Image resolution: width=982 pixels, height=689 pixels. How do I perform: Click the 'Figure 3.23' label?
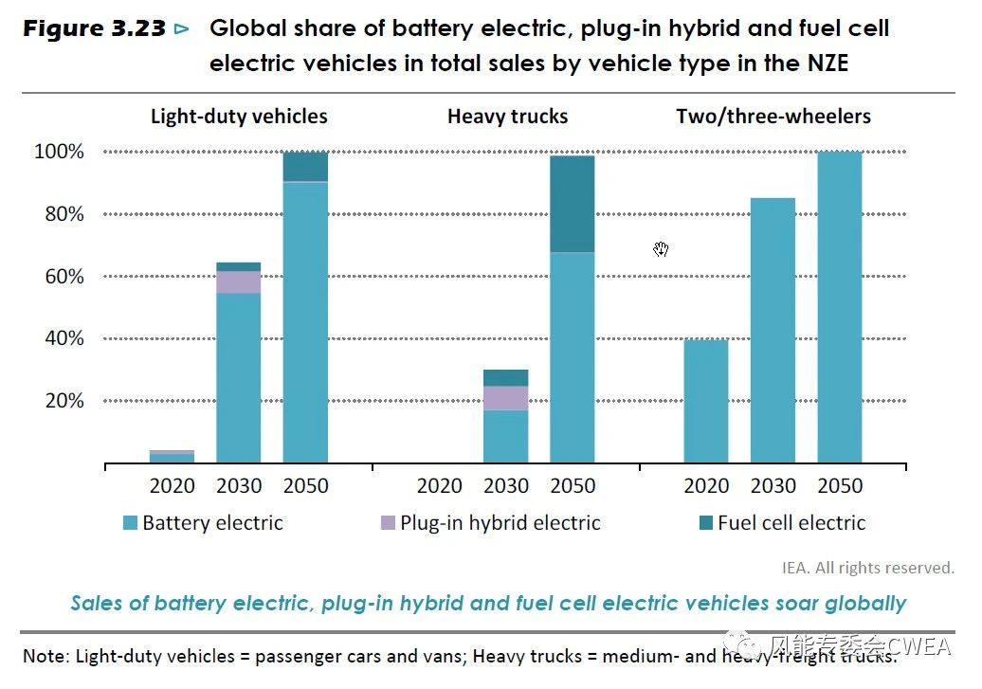95,28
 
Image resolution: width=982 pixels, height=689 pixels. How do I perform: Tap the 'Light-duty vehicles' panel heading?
239,117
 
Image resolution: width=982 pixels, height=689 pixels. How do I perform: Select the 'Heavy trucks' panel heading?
507,117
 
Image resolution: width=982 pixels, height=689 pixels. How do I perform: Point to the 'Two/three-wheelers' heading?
773,117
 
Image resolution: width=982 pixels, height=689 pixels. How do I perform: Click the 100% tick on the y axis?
59,152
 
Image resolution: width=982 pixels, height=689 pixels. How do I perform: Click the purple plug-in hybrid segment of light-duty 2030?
239,281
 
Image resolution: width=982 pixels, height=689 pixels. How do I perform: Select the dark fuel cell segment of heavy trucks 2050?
573,204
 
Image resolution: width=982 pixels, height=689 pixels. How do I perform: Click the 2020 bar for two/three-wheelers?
706,401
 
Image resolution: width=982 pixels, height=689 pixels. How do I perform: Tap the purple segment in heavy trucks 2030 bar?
506,398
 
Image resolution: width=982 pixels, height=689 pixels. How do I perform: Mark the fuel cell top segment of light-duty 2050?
305,165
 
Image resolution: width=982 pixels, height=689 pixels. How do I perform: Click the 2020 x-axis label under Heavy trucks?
440,486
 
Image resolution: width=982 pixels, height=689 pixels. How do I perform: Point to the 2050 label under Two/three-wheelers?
840,486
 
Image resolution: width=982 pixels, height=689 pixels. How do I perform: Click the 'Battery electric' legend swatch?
131,522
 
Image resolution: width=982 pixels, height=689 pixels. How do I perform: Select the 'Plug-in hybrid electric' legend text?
500,522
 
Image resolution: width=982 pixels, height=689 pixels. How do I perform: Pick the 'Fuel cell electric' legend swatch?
706,522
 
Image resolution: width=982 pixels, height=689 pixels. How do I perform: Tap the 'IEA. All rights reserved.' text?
867,568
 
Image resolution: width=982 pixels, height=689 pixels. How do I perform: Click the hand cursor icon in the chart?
661,249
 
